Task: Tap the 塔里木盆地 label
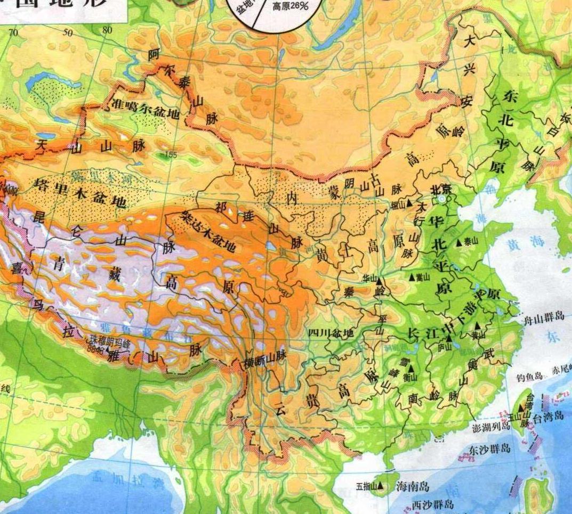80,193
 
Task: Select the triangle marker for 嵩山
412,278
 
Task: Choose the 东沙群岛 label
489,449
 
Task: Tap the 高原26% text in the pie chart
291,7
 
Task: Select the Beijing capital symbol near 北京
442,199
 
